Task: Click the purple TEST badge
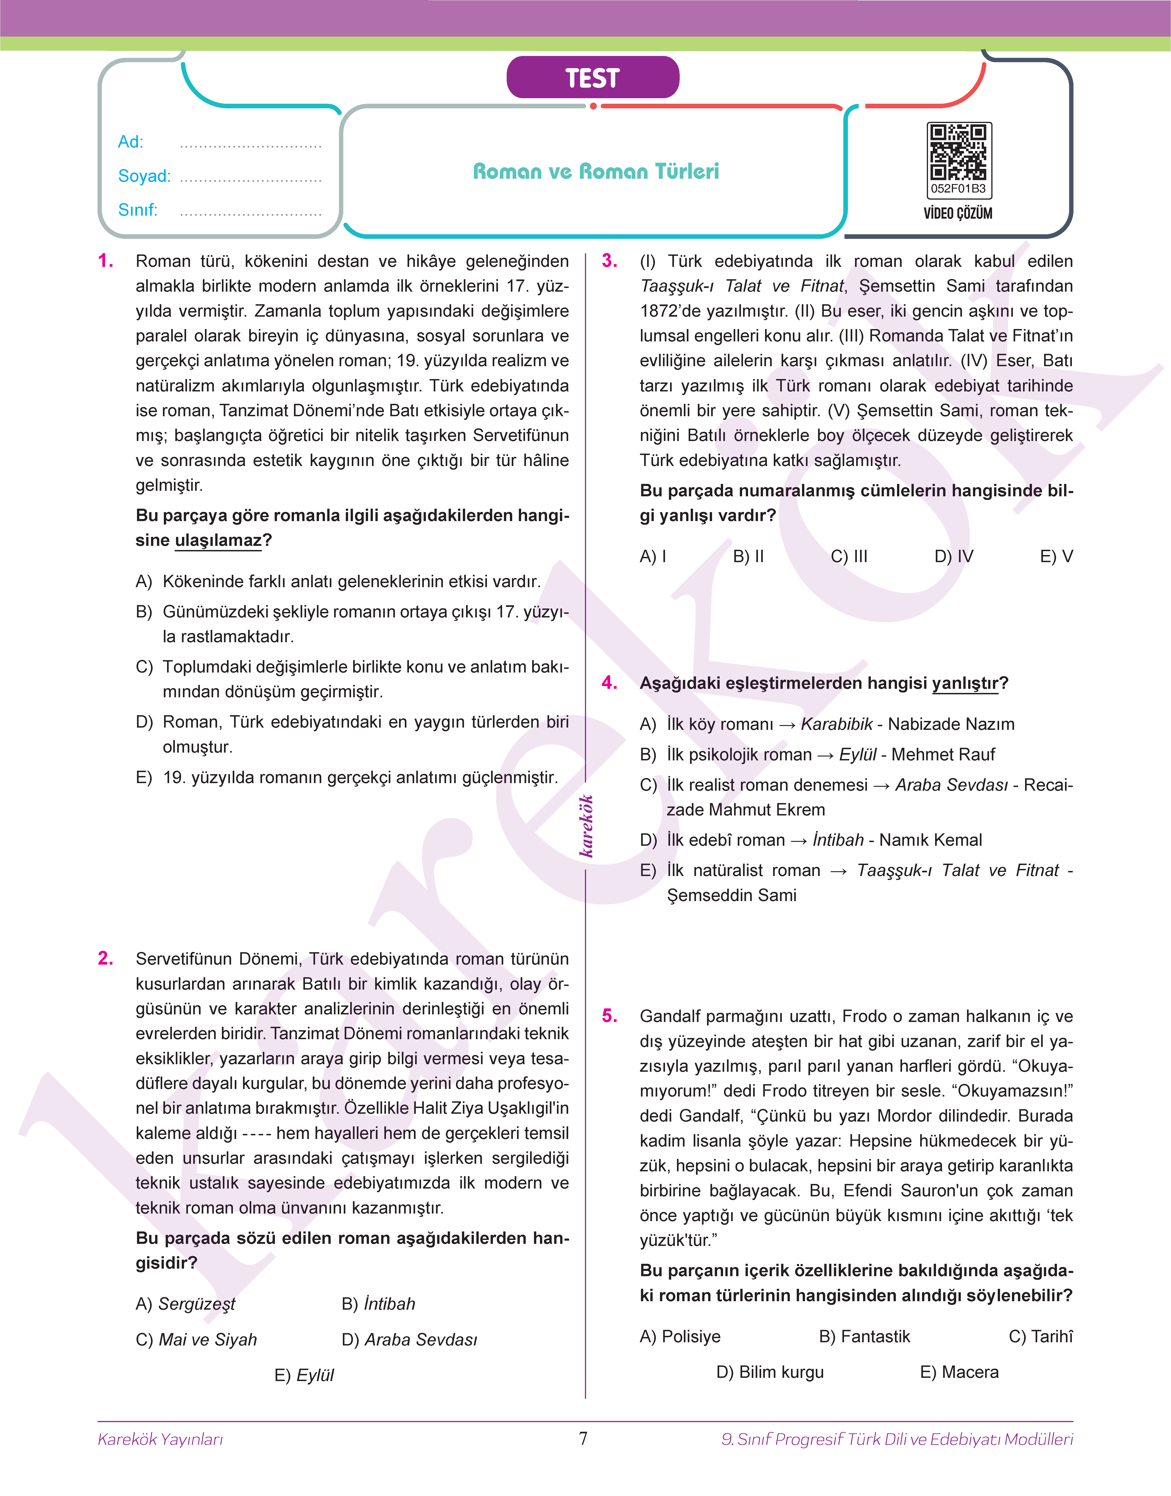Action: click(592, 78)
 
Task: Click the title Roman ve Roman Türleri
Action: click(596, 171)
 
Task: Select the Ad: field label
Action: click(130, 142)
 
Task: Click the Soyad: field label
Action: click(144, 176)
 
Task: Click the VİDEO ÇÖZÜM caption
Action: click(958, 213)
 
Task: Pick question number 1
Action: click(106, 261)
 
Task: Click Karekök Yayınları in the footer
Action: click(160, 1439)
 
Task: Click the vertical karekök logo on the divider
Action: click(586, 826)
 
